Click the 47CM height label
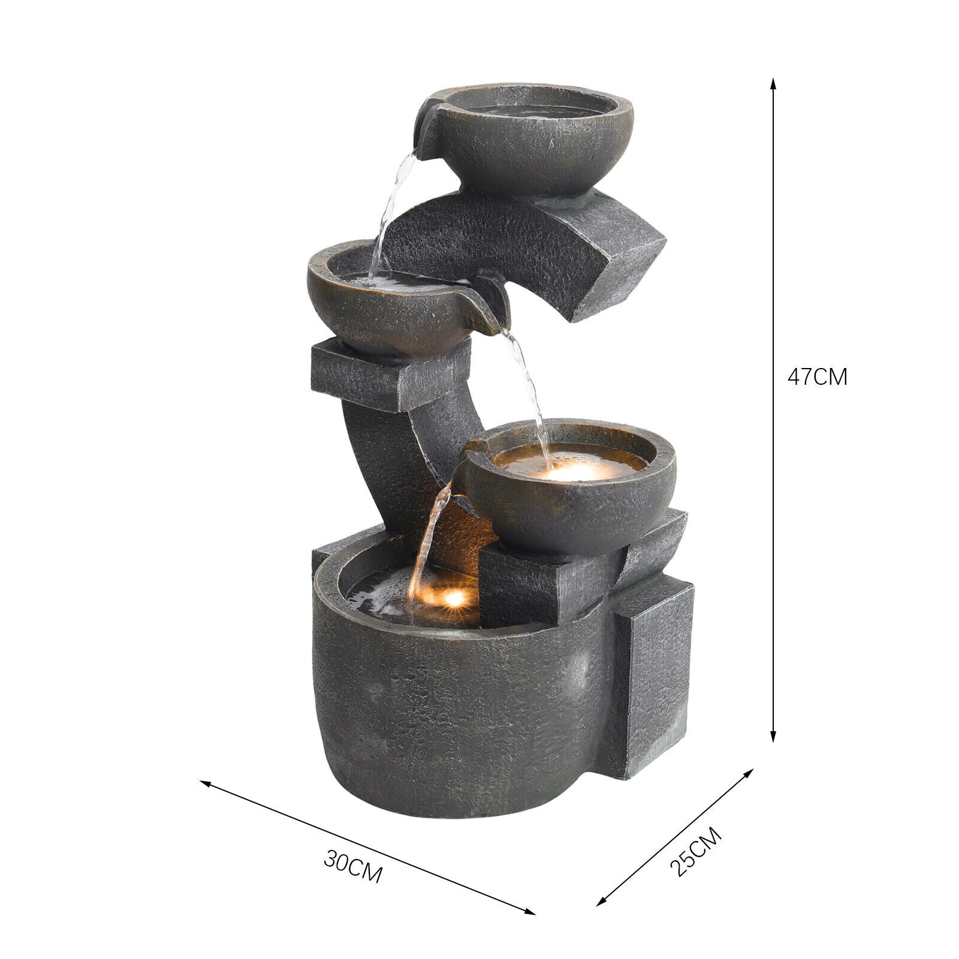click(817, 377)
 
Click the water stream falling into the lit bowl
click(530, 390)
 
